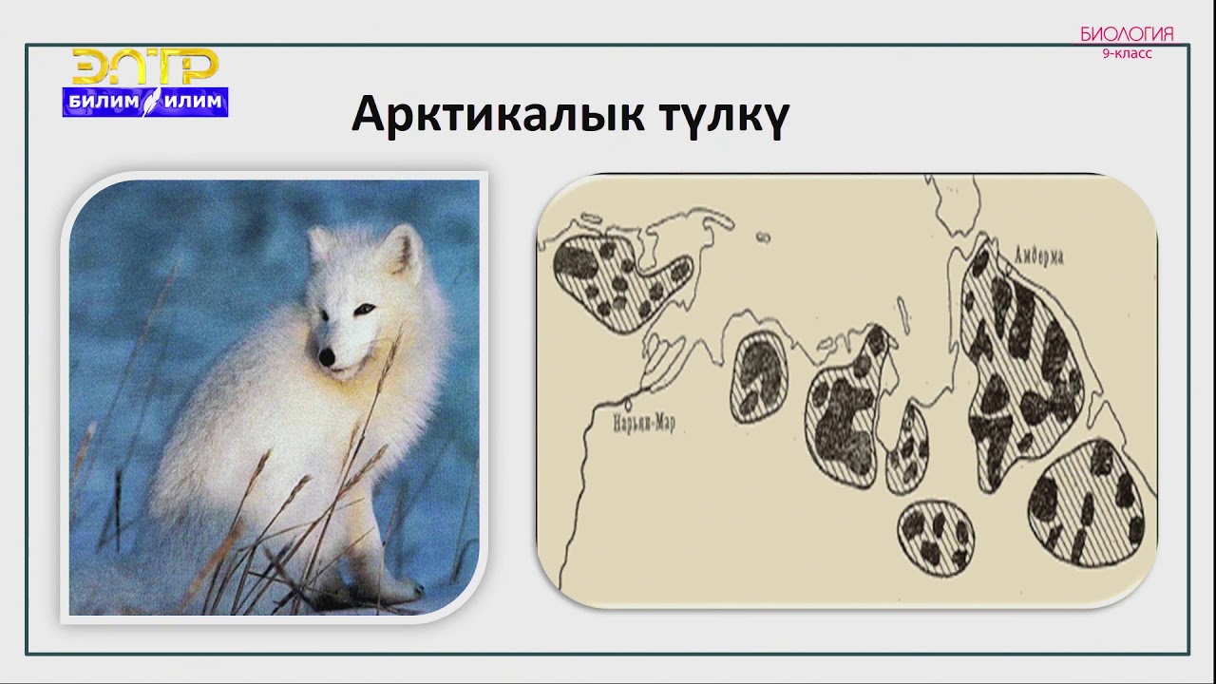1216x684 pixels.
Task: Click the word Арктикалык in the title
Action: coord(476,115)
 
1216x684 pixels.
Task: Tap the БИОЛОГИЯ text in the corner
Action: coord(1127,34)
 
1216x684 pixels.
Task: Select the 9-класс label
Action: coord(1127,54)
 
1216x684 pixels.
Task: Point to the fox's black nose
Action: coord(326,358)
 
